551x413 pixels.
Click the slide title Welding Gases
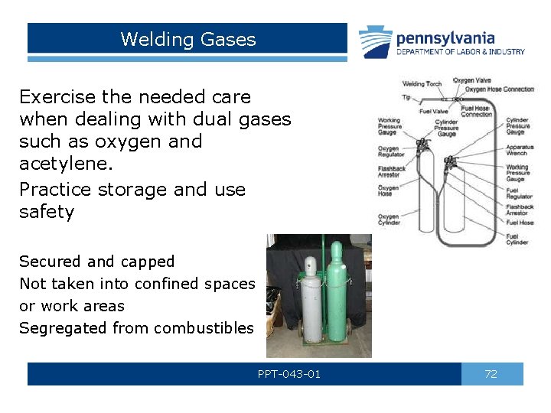[187, 40]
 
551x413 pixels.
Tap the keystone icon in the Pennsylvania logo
[376, 42]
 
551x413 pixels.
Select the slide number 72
[491, 374]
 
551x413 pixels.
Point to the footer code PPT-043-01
[289, 374]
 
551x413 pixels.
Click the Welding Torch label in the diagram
[423, 84]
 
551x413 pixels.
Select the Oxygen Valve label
[472, 80]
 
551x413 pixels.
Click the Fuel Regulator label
[519, 193]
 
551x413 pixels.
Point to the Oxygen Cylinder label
[389, 220]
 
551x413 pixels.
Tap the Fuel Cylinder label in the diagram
[517, 239]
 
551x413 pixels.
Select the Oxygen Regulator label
[390, 151]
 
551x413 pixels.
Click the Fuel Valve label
[433, 112]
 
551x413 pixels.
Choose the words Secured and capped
[96, 262]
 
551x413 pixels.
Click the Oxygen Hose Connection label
[500, 89]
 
